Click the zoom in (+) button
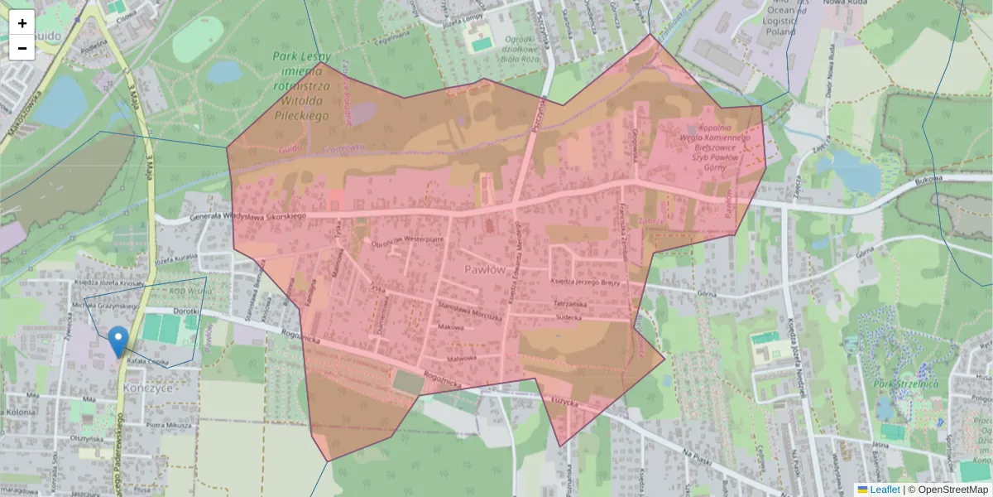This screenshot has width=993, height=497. [22, 23]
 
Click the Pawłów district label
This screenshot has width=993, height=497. [484, 270]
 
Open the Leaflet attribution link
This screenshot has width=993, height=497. [885, 490]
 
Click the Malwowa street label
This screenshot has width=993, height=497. [462, 358]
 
